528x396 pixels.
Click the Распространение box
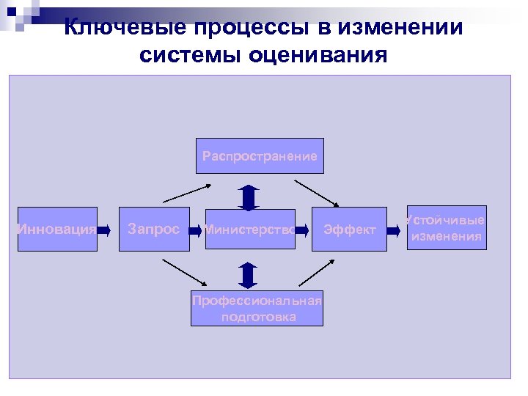pyautogui.click(x=260, y=155)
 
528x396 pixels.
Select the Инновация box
pyautogui.click(x=57, y=230)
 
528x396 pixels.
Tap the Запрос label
pyautogui.click(x=153, y=230)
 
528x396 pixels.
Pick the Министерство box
pyautogui.click(x=249, y=230)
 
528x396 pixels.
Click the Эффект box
pyautogui.click(x=349, y=230)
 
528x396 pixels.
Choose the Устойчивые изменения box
pyautogui.click(x=446, y=228)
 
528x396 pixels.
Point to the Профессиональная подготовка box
pyautogui.click(x=256, y=308)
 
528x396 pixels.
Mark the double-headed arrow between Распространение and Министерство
pyautogui.click(x=249, y=198)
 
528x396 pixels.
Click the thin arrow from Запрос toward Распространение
pyautogui.click(x=186, y=193)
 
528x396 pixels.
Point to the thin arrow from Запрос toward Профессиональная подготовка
pyautogui.click(x=183, y=271)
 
